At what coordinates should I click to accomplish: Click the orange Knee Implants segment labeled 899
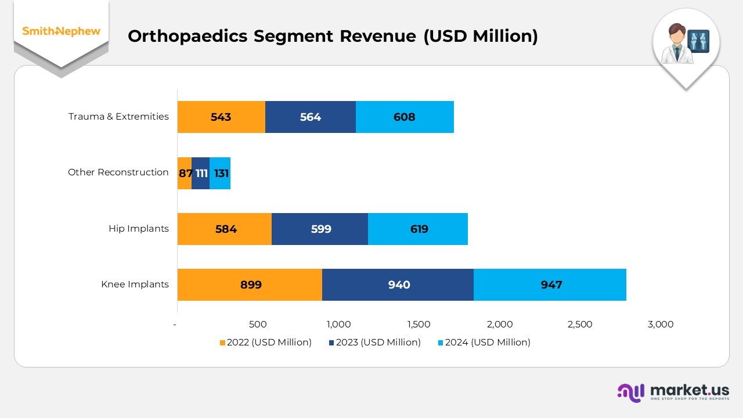tap(250, 284)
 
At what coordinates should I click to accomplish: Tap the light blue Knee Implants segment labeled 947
tap(550, 284)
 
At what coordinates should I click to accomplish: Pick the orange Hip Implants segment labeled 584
tap(225, 229)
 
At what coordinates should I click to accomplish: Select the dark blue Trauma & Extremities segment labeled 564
tap(311, 117)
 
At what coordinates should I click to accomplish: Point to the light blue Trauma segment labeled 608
tap(405, 117)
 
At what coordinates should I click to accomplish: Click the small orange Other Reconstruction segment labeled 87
tap(184, 173)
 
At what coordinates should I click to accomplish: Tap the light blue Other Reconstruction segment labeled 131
tap(221, 173)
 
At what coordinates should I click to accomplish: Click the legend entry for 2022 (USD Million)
tap(265, 343)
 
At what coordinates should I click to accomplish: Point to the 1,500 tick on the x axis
tap(419, 325)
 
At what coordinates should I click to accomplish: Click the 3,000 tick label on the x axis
tap(660, 325)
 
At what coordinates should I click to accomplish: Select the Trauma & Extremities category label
tap(118, 117)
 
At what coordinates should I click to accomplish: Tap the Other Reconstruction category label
tap(118, 172)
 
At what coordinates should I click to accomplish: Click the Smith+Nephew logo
tap(61, 31)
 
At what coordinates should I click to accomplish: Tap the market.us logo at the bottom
tap(673, 392)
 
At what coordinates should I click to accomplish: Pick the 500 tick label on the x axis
tap(257, 325)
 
